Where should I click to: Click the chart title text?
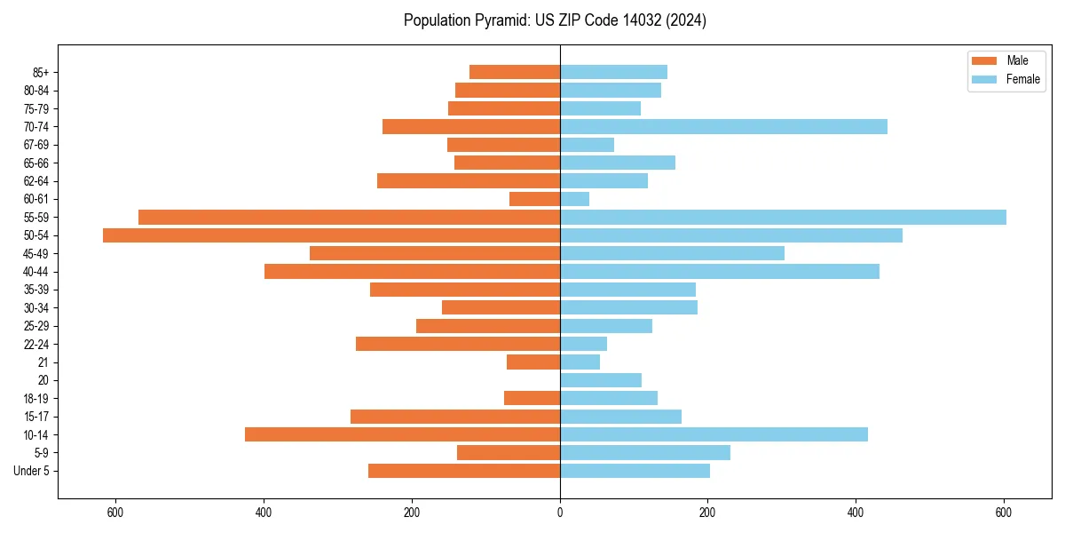[x=555, y=20]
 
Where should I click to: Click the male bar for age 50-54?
[x=331, y=235]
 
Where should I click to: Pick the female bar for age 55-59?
[x=783, y=217]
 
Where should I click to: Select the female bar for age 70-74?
[x=723, y=126]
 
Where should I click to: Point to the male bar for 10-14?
[x=402, y=434]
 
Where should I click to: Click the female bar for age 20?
[x=601, y=380]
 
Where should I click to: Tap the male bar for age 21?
[x=533, y=362]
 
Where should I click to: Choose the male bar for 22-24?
[x=458, y=344]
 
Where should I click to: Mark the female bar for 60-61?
[x=574, y=199]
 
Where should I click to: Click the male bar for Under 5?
[x=464, y=471]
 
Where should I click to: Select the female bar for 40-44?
[x=720, y=271]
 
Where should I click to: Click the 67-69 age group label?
[x=35, y=145]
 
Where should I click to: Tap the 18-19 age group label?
[x=35, y=398]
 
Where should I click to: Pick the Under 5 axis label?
[x=31, y=471]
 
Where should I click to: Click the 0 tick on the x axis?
[x=560, y=513]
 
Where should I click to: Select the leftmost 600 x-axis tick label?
[x=115, y=513]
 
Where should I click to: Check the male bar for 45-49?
[x=435, y=253]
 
